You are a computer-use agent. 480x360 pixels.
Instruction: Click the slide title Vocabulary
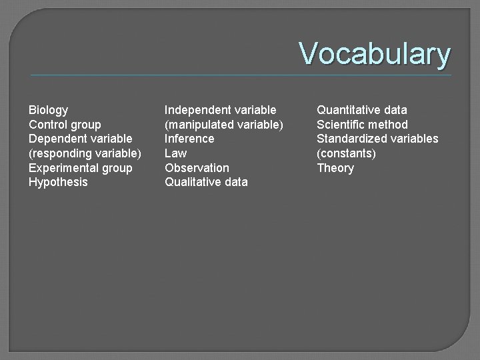375,53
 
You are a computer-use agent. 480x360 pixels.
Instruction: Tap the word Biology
48,109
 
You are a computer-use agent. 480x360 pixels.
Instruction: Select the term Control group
65,124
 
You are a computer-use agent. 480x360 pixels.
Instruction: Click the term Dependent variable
80,139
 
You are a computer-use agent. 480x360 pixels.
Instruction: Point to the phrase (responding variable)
85,153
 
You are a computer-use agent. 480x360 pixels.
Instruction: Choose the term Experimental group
80,168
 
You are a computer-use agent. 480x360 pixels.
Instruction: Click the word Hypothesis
58,182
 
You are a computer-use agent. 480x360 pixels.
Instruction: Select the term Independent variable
220,109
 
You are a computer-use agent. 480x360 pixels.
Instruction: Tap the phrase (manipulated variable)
224,124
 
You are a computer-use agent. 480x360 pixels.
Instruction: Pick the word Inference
189,139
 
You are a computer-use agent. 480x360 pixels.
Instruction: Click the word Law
175,153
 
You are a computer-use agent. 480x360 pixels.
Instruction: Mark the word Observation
197,168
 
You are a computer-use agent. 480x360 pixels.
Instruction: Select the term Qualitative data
206,182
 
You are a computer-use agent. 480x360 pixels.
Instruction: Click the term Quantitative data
361,109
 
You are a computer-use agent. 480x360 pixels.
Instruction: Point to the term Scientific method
362,124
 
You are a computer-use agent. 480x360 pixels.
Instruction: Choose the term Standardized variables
377,139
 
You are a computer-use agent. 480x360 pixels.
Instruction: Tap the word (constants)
346,153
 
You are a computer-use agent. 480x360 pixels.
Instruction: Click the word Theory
335,168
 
